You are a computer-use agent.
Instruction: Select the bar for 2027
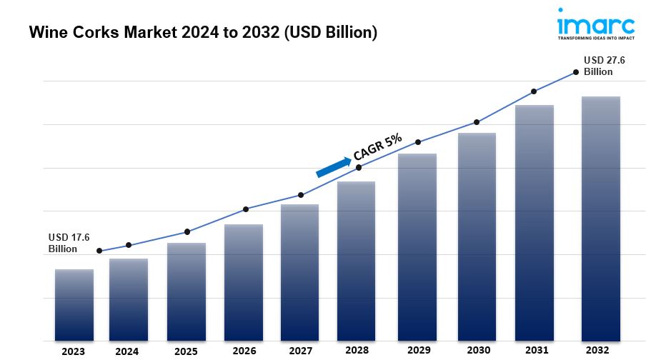[x=300, y=272]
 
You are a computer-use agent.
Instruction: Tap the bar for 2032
[x=600, y=218]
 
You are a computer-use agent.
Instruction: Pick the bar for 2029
[x=417, y=246]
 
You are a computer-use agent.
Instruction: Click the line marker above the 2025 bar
[x=187, y=231]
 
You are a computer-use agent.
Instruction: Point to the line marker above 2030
[x=477, y=122]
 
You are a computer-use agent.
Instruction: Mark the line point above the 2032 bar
[x=575, y=72]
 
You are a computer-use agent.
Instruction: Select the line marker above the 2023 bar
[x=99, y=251]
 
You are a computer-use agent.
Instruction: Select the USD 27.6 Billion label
[x=604, y=66]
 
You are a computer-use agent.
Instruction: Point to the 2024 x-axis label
[x=126, y=351]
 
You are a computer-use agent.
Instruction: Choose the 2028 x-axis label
[x=357, y=351]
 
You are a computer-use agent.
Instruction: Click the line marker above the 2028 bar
[x=359, y=167]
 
